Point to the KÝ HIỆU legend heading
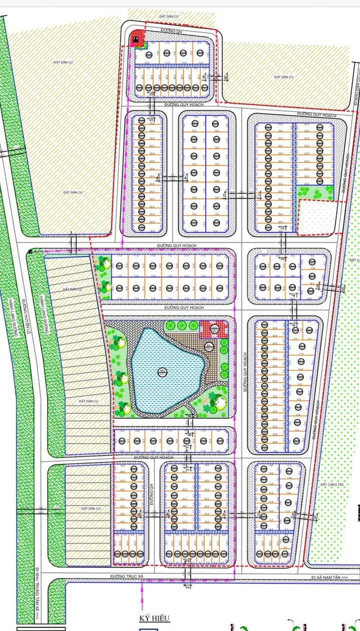click(155, 618)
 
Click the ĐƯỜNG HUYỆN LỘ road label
click(23, 320)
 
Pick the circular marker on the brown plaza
click(208, 346)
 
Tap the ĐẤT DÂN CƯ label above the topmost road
click(169, 16)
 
